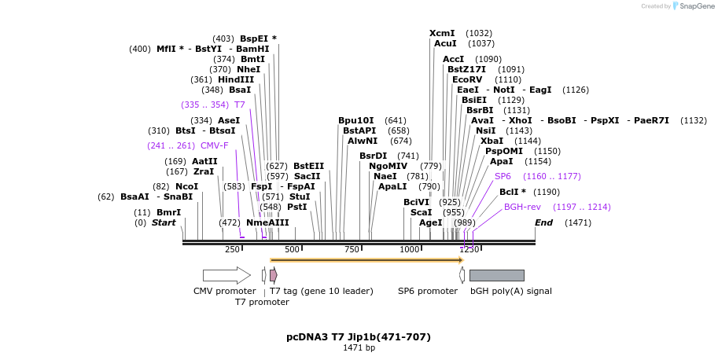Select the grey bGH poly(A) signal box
tap(496, 275)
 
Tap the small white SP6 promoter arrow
tap(462, 275)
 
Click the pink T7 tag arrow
tap(273, 275)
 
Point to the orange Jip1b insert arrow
tap(366, 259)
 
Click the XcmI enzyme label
tap(442, 33)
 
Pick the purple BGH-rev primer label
tap(522, 207)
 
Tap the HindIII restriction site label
tap(236, 79)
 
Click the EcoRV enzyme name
tap(467, 79)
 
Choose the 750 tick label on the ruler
tap(352, 250)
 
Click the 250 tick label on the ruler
tap(232, 250)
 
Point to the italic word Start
tap(164, 222)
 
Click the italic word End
tap(543, 222)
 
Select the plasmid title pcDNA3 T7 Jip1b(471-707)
tap(359, 337)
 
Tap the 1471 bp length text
tap(359, 348)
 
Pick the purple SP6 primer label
tap(503, 176)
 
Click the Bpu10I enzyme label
tap(356, 120)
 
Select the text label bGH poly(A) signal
tap(510, 291)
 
